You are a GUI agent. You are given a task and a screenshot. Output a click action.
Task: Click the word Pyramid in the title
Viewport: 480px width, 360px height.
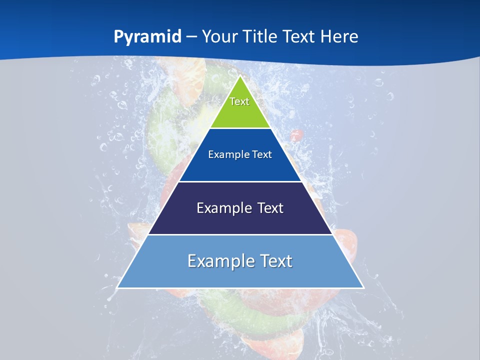click(147, 37)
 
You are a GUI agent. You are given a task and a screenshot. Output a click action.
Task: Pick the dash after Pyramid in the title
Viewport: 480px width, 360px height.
click(191, 37)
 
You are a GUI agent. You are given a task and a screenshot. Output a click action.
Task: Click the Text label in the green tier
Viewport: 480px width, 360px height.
click(239, 101)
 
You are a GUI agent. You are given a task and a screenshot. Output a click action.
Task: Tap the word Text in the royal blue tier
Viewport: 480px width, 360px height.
click(262, 154)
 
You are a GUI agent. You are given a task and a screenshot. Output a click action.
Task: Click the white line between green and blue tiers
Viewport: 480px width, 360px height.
click(240, 128)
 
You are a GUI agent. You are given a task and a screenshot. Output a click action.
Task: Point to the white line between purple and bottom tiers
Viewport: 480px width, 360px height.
click(240, 234)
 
